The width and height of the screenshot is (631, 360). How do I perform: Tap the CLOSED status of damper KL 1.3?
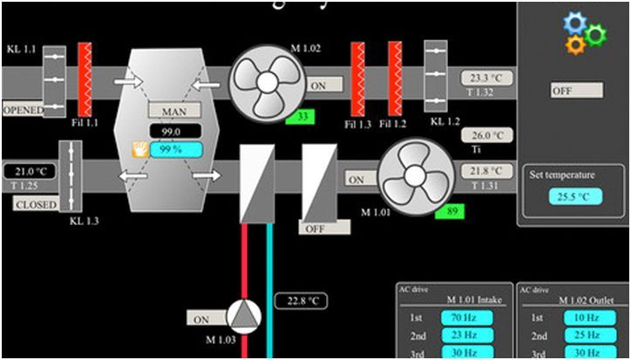(x=36, y=205)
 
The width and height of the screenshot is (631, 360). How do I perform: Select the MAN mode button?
(x=174, y=112)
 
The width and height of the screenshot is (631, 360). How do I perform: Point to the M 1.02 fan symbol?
(x=268, y=80)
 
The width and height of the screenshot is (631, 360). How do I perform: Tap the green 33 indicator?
(x=302, y=116)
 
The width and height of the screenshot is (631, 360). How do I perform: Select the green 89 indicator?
(x=451, y=210)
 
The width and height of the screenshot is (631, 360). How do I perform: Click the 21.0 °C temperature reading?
(x=36, y=171)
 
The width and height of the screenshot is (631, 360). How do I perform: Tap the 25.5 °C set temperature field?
(x=574, y=196)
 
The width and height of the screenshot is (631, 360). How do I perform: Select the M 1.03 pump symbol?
(x=246, y=317)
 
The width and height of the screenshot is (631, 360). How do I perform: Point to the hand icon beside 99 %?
(x=138, y=149)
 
